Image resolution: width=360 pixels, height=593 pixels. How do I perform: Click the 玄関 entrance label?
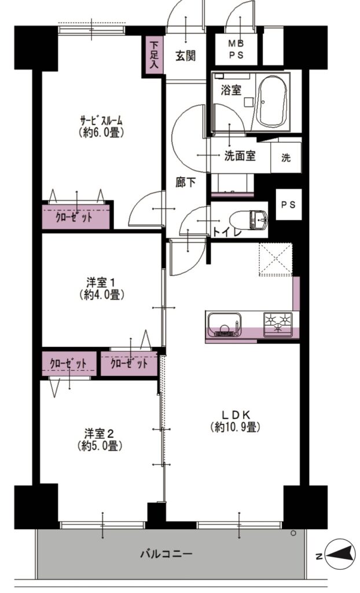point(185,56)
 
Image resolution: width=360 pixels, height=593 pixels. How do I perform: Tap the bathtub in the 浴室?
point(271,101)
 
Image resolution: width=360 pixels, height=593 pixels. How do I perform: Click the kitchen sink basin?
point(225,324)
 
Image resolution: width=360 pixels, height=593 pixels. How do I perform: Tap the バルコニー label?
point(166,554)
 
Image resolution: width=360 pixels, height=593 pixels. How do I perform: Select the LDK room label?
point(235,413)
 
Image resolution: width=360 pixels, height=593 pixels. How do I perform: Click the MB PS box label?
point(236,50)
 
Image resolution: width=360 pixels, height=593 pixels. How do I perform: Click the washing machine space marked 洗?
point(286,158)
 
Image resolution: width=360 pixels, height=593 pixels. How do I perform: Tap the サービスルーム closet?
point(76,217)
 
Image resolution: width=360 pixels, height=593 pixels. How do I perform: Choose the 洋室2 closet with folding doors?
point(69,364)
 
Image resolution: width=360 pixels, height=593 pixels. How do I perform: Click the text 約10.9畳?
point(235,427)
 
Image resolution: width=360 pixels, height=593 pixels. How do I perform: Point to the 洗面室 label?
point(240,155)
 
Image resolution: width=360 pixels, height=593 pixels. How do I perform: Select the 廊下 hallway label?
point(185,182)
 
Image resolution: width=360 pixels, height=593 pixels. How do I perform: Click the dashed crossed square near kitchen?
point(276,259)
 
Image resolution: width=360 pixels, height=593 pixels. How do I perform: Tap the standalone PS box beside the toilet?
point(289,204)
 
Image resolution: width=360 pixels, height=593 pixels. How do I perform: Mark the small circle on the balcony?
point(293,533)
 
